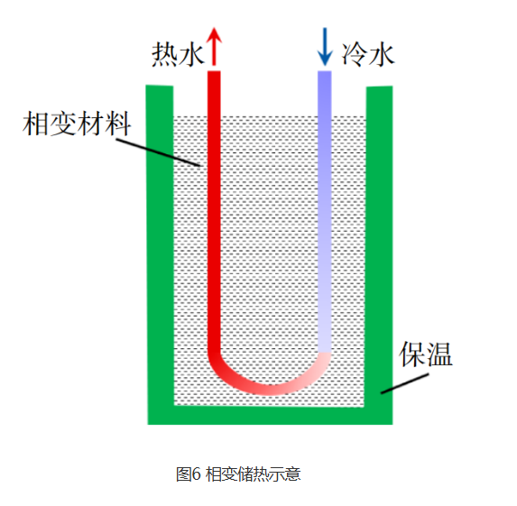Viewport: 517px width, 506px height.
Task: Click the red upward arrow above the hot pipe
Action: click(214, 46)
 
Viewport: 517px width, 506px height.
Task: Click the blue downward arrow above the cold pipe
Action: click(325, 47)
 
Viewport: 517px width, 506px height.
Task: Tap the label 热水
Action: click(178, 55)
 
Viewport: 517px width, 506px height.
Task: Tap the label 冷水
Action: click(367, 54)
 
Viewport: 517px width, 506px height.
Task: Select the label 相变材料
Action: click(77, 124)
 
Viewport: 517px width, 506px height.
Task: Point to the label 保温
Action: click(425, 354)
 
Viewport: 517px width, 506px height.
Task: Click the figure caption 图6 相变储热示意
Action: click(238, 474)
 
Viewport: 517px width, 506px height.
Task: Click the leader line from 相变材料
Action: click(158, 152)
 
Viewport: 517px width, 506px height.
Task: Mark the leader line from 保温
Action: click(405, 383)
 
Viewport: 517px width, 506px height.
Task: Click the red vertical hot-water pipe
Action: click(214, 211)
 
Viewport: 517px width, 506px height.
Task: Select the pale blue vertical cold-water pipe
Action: click(325, 211)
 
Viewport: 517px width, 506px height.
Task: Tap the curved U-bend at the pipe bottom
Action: click(269, 389)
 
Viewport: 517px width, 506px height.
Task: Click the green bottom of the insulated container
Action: click(270, 415)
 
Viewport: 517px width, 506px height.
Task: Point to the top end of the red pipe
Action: click(214, 71)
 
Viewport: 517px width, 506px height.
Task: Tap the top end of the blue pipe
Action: click(325, 71)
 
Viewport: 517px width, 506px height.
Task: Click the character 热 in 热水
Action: click(164, 55)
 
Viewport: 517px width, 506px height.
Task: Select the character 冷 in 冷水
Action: click(354, 54)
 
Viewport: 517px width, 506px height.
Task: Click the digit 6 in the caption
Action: click(196, 474)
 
